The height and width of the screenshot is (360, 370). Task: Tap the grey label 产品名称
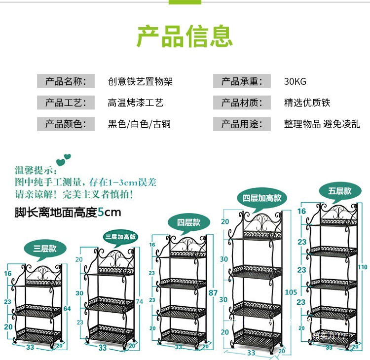coord(66,81)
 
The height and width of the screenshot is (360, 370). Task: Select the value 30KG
coord(295,81)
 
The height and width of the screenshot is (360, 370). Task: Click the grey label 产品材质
coord(242,103)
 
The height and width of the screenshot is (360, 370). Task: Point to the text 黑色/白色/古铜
coord(139,124)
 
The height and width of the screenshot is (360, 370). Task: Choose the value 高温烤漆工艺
coord(136,103)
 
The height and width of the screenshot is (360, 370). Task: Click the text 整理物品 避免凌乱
coord(321,124)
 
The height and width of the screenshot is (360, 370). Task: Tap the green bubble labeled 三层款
coord(45,249)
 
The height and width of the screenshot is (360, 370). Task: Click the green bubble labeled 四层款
coord(190,222)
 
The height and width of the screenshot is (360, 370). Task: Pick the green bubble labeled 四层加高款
coord(262,198)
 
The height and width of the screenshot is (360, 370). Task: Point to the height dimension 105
coord(291,292)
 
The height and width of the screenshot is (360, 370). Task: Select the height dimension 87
coord(213,293)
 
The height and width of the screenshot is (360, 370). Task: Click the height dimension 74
coord(141,301)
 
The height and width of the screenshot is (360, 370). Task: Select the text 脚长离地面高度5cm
coord(68,213)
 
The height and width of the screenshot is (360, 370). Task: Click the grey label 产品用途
coord(242,124)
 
